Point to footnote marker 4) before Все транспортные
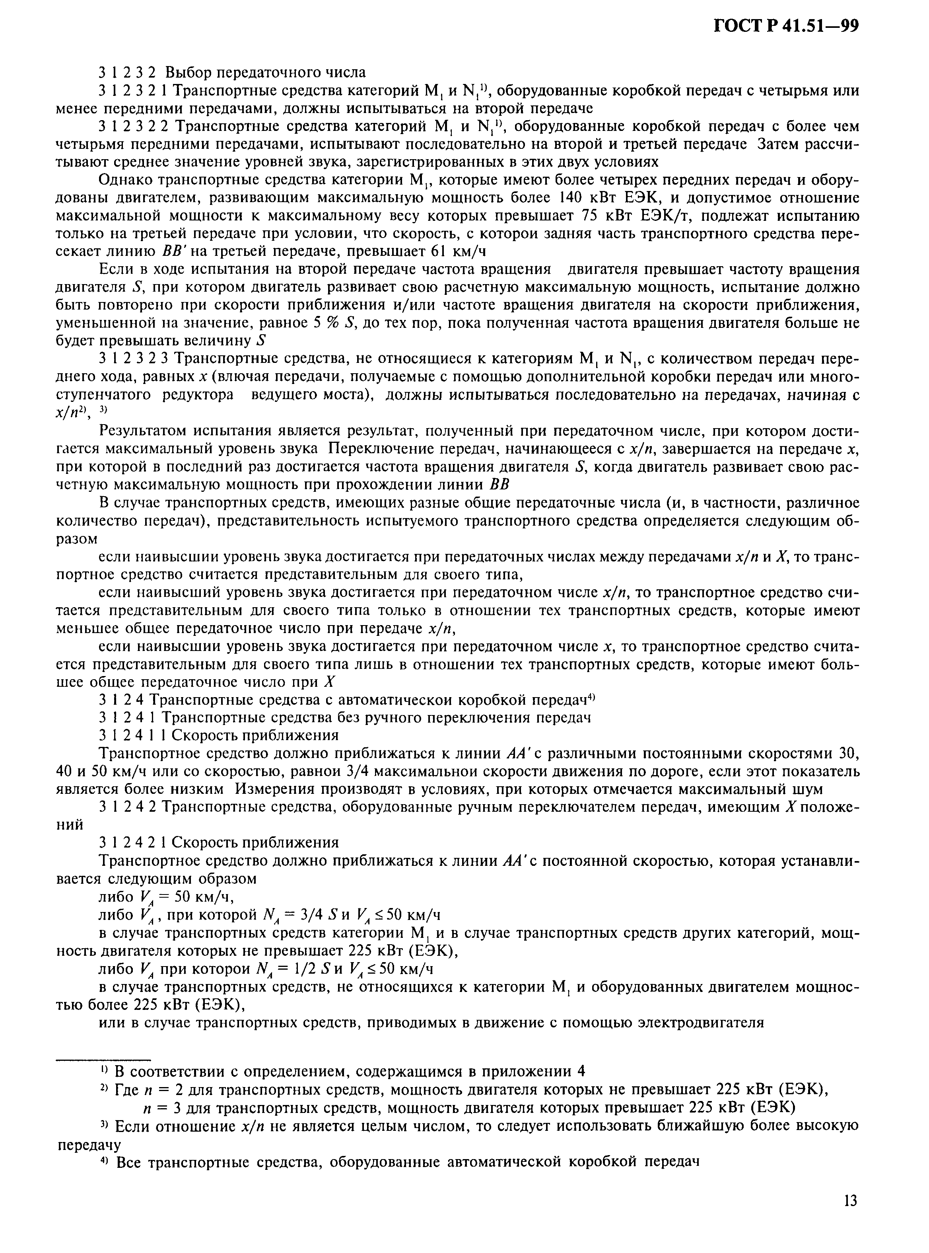pos(105,1161)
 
